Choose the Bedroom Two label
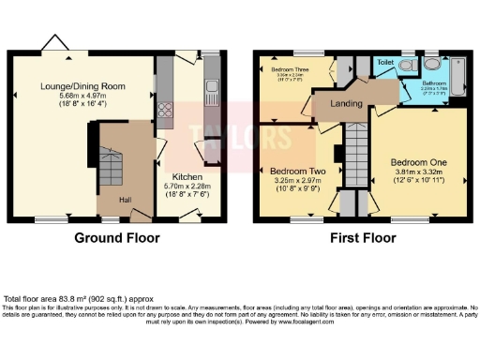tap(297, 172)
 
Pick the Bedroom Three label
tap(292, 70)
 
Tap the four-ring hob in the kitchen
tap(166, 112)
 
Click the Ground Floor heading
tap(113, 238)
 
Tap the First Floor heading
tap(361, 238)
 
